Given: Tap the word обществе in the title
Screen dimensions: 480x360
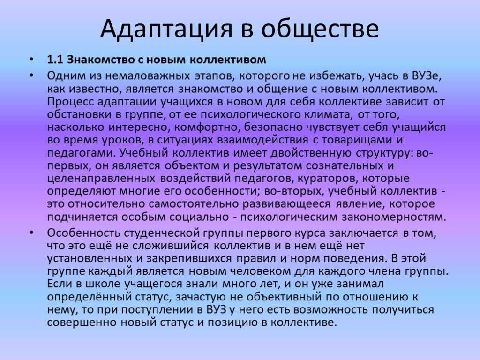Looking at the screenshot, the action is [320, 28].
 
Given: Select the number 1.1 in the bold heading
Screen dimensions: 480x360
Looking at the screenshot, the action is [55, 60].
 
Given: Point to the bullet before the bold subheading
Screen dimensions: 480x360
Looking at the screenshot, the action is [32, 60].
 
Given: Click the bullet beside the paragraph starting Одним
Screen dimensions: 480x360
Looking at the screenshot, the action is [32, 75].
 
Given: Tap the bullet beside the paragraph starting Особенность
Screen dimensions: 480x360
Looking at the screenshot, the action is [32, 233].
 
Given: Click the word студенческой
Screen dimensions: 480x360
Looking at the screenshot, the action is [162, 233].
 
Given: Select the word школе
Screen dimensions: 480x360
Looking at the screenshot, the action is [103, 284].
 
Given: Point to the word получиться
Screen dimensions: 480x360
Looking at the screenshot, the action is [403, 309].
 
